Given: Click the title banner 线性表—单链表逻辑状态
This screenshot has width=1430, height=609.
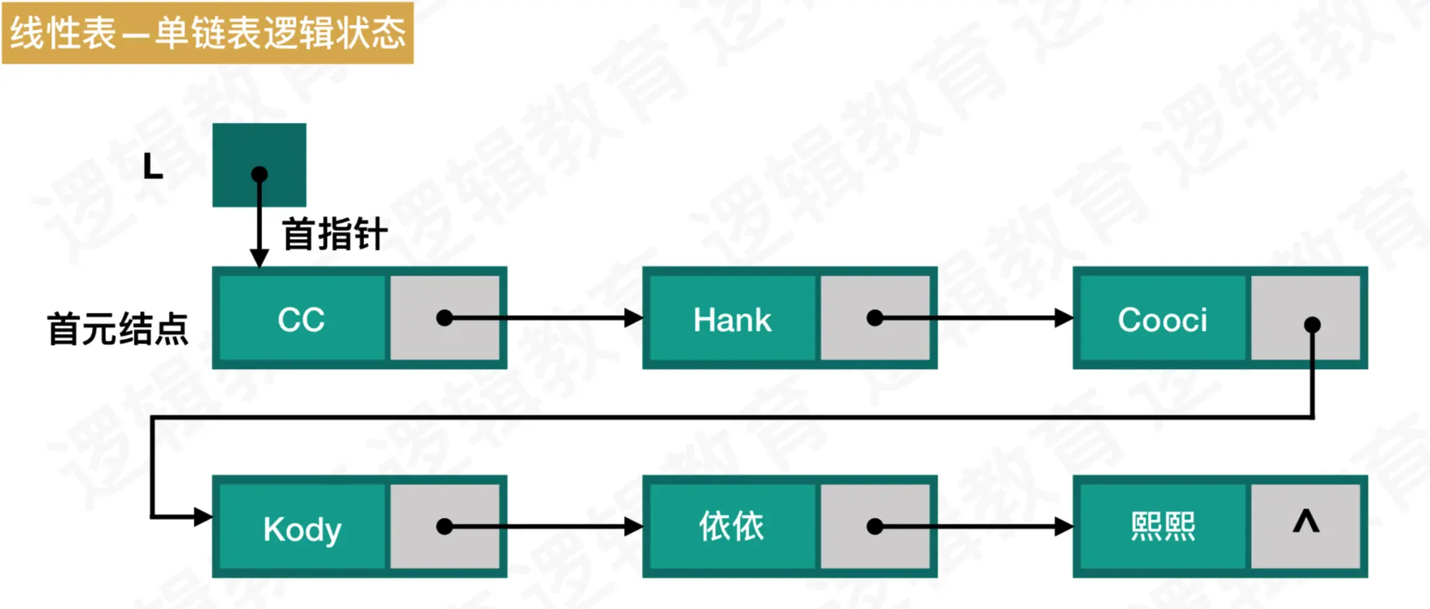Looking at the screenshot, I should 208,33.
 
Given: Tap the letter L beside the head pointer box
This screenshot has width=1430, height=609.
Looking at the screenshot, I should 153,166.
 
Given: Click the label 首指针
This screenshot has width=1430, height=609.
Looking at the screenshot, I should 335,234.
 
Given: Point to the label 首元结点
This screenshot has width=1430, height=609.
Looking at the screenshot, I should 117,329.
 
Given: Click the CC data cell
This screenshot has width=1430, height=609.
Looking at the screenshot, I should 302,319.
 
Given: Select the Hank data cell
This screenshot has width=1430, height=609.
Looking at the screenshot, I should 732,319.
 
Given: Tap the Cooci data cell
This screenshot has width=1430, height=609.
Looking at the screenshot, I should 1162,319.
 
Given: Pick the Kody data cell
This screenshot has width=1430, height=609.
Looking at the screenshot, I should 302,529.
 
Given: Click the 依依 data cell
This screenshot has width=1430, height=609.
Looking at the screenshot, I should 732,527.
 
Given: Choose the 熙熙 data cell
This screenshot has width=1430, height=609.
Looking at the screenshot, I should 1162,527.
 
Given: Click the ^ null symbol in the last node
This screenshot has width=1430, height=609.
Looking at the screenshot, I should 1306,521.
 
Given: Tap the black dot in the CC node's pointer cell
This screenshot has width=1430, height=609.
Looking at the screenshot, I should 444,318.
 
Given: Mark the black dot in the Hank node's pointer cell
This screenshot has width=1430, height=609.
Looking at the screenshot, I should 874,318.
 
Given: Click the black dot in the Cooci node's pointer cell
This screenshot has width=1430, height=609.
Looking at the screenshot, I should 1313,324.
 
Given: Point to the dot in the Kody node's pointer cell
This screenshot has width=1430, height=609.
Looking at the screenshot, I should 444,527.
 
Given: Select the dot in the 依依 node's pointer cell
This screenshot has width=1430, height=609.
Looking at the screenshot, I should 874,527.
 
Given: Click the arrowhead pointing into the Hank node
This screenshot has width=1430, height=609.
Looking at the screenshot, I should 634,318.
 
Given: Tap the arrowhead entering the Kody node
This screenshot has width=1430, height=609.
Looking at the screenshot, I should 203,516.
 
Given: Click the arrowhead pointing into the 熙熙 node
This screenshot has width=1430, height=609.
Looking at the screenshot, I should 1064,527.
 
